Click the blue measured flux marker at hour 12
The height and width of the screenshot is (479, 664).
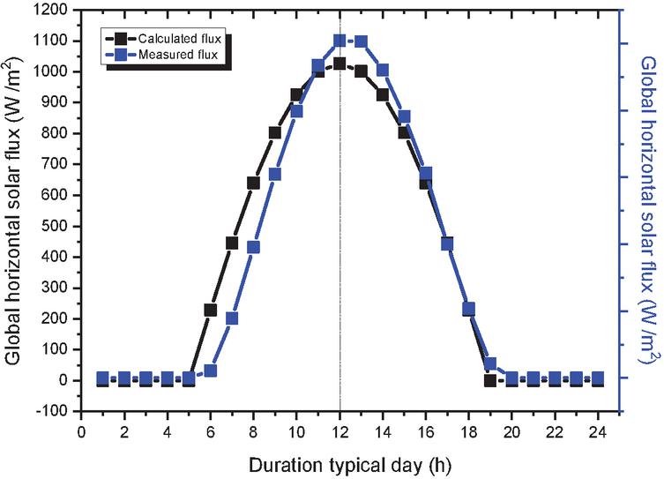point(339,41)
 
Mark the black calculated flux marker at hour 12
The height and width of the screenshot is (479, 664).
point(339,64)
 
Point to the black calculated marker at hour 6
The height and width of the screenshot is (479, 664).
point(211,310)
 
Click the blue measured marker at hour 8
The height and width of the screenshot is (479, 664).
point(253,247)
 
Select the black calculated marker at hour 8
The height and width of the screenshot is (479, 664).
point(253,183)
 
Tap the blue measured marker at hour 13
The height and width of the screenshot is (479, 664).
point(361,41)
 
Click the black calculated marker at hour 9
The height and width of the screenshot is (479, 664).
point(275,132)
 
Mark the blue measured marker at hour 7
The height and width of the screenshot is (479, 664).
point(232,318)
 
